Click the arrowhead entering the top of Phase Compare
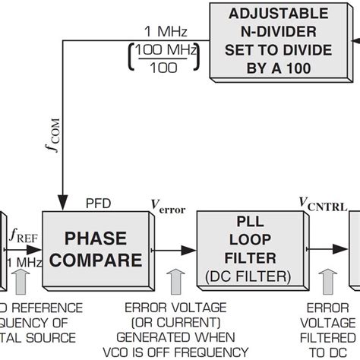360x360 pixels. (59, 206)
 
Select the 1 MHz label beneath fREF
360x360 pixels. (20, 262)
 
